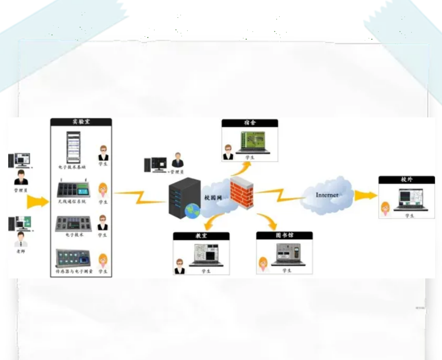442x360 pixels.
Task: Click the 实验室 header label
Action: click(81, 122)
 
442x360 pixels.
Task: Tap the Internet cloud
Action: click(327, 196)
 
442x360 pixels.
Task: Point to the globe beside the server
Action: click(193, 211)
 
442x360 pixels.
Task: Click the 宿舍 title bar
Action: click(249, 123)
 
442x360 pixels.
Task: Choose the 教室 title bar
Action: click(201, 236)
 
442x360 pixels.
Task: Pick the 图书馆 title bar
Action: click(284, 236)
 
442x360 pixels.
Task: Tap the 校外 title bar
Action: click(406, 180)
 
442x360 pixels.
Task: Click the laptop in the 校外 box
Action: click(410, 199)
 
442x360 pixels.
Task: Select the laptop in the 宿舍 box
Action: click(256, 143)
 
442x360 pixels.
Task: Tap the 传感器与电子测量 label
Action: click(74, 272)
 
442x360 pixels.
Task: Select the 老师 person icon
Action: click(20, 239)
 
